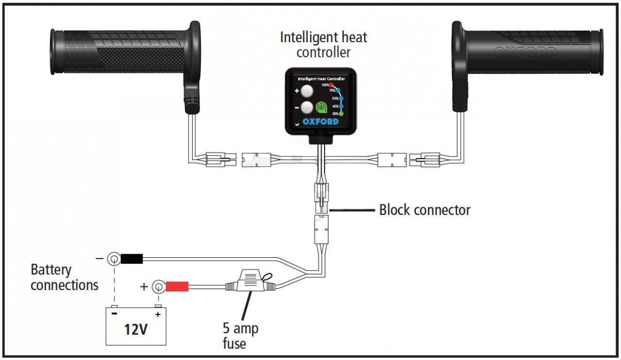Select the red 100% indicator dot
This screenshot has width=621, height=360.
331,85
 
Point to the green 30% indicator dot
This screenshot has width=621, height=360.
341,114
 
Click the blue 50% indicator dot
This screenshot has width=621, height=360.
341,98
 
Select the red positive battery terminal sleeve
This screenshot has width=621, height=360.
177,287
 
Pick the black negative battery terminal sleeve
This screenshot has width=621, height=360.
131,259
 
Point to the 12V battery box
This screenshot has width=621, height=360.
135,327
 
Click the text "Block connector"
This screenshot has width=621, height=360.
425,210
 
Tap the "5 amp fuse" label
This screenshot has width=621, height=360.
240,336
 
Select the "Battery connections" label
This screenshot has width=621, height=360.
64,277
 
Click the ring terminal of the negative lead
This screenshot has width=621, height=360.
114,259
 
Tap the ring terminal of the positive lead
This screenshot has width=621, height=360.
158,287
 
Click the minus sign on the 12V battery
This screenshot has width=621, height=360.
114,313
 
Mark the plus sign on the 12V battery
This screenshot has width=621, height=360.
157,313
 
